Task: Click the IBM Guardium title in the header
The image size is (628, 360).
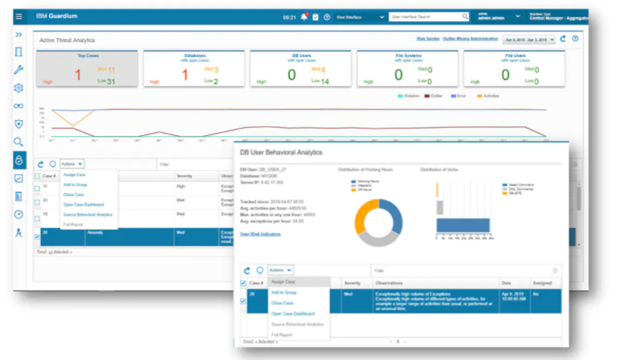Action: point(51,16)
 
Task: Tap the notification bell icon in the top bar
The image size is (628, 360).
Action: point(305,16)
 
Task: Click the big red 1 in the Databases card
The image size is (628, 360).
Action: point(184,74)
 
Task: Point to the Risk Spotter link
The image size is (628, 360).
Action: point(428,38)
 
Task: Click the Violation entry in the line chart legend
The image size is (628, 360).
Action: point(410,96)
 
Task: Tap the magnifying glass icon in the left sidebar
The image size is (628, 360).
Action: point(18,141)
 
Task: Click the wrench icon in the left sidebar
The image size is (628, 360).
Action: point(18,70)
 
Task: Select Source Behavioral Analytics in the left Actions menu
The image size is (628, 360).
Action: point(88,214)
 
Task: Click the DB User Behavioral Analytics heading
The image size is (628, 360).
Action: point(281,153)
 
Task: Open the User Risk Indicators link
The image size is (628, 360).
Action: point(260,234)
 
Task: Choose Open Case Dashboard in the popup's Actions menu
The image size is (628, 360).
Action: point(293,314)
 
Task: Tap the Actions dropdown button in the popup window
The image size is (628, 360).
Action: point(280,270)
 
